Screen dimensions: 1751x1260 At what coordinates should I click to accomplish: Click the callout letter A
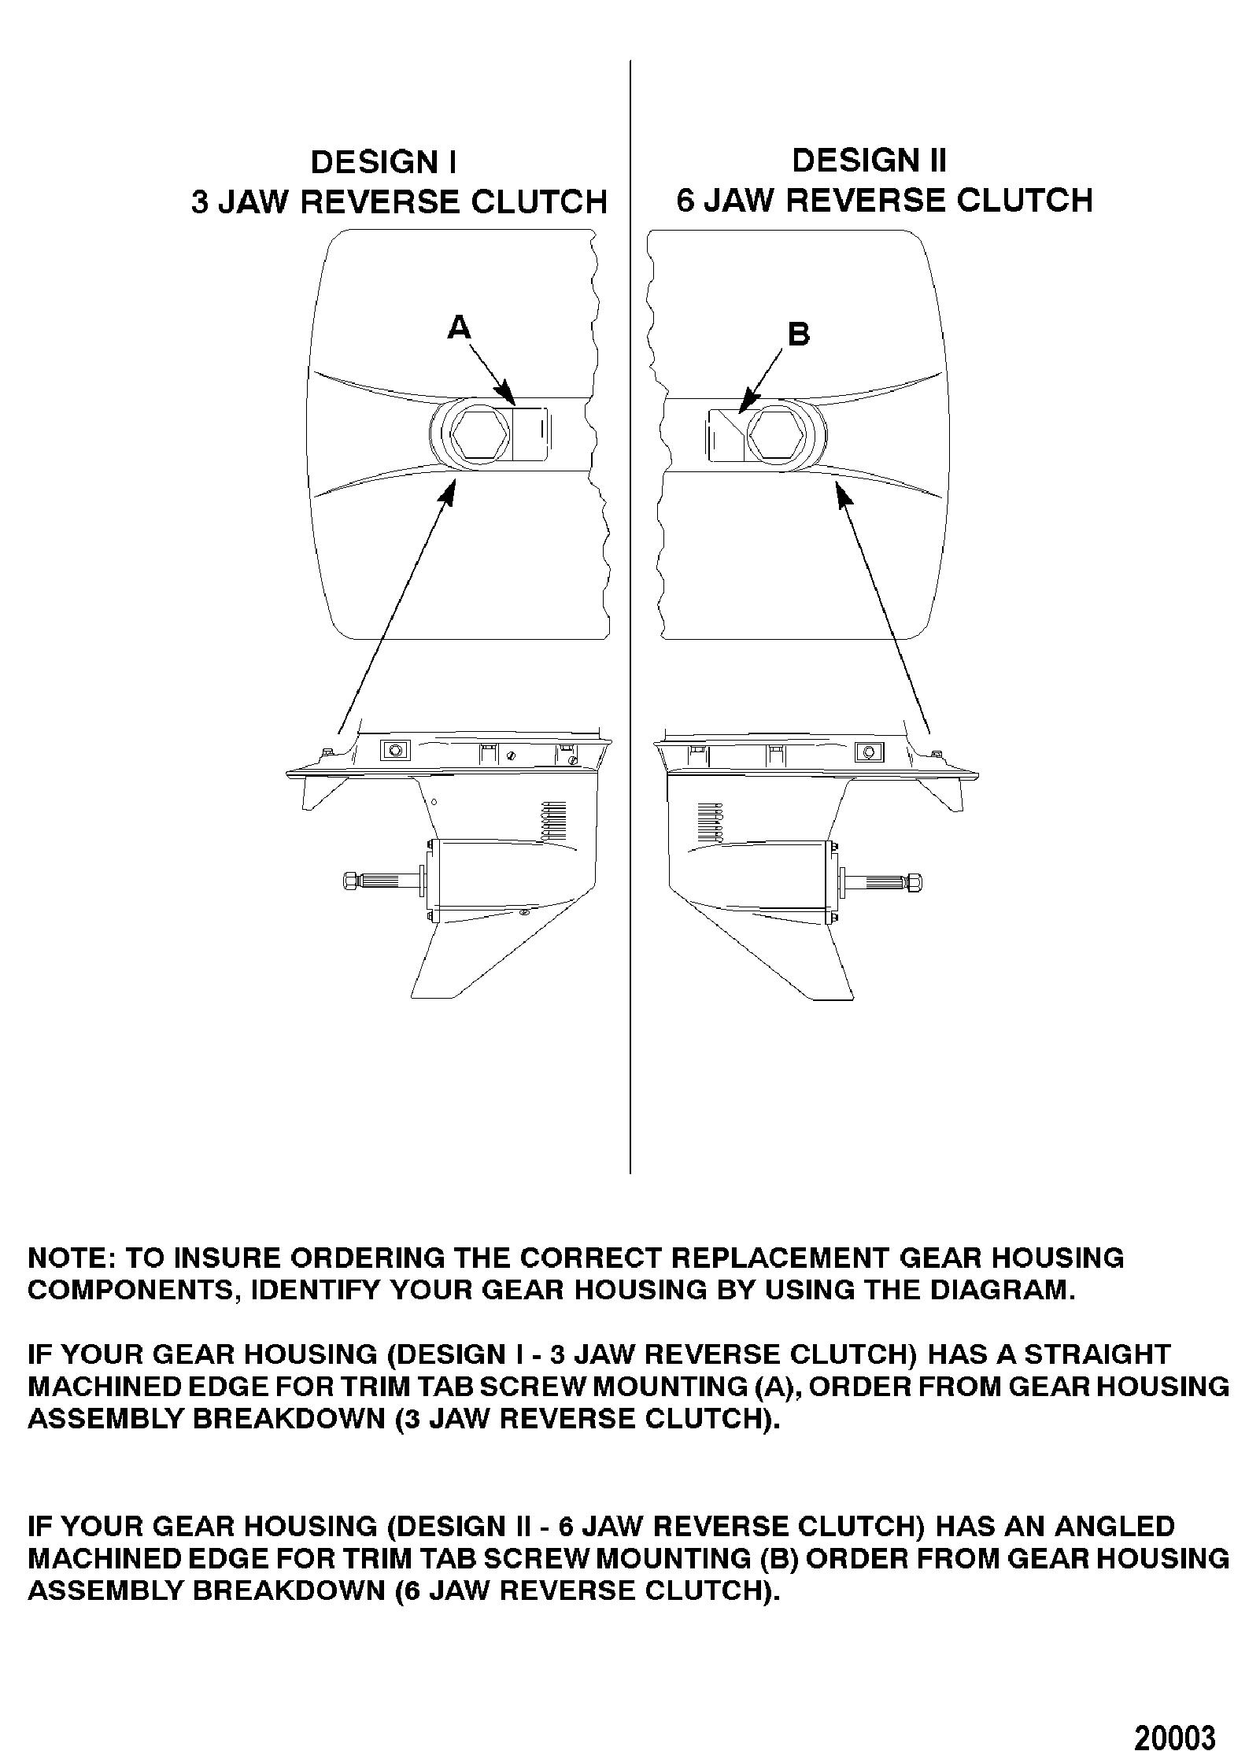[459, 326]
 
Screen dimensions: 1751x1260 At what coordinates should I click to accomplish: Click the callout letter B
[798, 334]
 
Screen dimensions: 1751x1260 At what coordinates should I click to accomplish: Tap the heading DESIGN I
[383, 162]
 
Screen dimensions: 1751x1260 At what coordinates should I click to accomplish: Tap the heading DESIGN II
[869, 161]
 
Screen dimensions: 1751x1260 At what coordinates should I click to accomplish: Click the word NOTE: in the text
[72, 1258]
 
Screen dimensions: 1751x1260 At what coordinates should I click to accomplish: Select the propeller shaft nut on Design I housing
[352, 880]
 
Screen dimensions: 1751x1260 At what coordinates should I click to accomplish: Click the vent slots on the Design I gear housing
[556, 822]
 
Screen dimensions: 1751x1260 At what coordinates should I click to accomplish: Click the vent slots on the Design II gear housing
[709, 823]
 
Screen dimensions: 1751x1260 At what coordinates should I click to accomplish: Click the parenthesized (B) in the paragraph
[780, 1558]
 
